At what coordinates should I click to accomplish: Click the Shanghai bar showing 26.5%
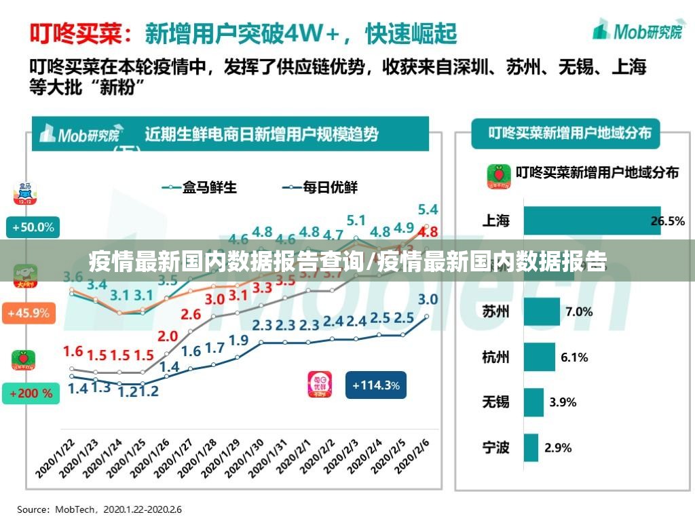pyautogui.click(x=591, y=220)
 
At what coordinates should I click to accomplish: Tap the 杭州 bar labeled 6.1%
pyautogui.click(x=539, y=357)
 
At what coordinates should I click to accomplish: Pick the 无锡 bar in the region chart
pyautogui.click(x=533, y=402)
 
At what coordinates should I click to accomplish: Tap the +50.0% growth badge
pyautogui.click(x=31, y=227)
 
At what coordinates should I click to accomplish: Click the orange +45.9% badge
pyautogui.click(x=29, y=313)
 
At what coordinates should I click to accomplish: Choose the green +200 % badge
pyautogui.click(x=31, y=392)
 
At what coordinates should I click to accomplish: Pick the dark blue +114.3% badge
pyautogui.click(x=375, y=385)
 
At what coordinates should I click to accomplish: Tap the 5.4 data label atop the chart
pyautogui.click(x=428, y=209)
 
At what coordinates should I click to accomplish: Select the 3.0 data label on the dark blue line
pyautogui.click(x=428, y=299)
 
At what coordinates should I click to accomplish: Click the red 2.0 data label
pyautogui.click(x=168, y=336)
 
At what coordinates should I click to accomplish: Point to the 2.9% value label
pyautogui.click(x=558, y=447)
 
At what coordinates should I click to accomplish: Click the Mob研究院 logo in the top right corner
pyautogui.click(x=637, y=31)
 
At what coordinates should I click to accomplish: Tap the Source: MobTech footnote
pyautogui.click(x=99, y=509)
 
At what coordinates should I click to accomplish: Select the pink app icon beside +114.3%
pyautogui.click(x=320, y=385)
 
